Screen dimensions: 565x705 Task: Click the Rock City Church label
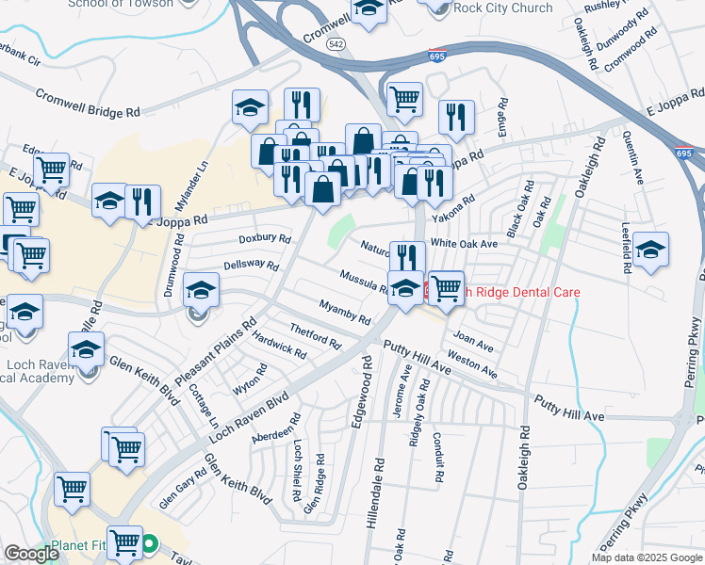tap(502, 8)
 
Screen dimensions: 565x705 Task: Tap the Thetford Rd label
tap(315, 334)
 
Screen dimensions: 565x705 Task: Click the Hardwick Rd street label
tap(280, 348)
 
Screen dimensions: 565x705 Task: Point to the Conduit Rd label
tap(437, 457)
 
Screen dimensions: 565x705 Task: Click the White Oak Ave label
tap(464, 243)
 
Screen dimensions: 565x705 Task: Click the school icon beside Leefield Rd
tap(650, 250)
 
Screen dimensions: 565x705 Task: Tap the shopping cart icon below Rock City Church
tap(404, 96)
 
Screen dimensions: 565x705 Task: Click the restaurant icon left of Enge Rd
tap(456, 116)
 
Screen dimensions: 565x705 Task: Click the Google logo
tap(32, 554)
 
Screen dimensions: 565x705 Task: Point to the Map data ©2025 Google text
tap(647, 557)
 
